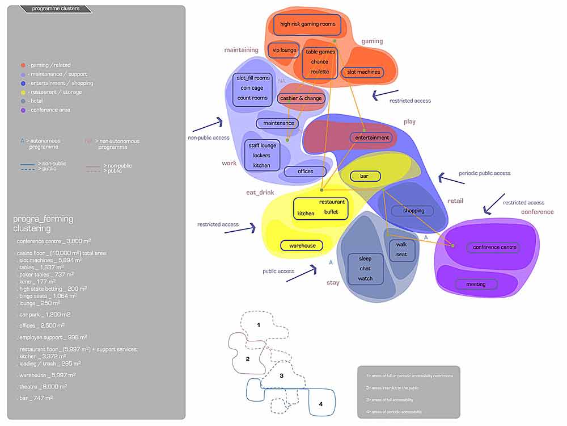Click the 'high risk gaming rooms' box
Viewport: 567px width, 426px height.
click(x=308, y=24)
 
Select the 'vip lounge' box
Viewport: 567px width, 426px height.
click(x=284, y=51)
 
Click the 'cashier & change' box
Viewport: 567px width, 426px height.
click(x=301, y=98)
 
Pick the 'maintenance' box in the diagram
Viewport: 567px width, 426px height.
click(x=278, y=123)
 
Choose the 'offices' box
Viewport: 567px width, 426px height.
click(x=305, y=172)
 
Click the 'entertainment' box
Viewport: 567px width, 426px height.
click(x=373, y=138)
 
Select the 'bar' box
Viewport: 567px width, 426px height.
click(x=364, y=177)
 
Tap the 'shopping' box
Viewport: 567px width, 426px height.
click(x=413, y=211)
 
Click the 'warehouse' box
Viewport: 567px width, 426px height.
click(x=302, y=246)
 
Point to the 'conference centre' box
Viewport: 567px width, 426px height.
click(x=493, y=248)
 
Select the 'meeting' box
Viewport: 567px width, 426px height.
click(x=476, y=285)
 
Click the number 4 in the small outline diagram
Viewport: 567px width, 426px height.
click(x=321, y=404)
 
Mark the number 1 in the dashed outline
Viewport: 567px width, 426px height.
click(x=259, y=325)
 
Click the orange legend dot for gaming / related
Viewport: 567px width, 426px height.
click(x=22, y=65)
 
